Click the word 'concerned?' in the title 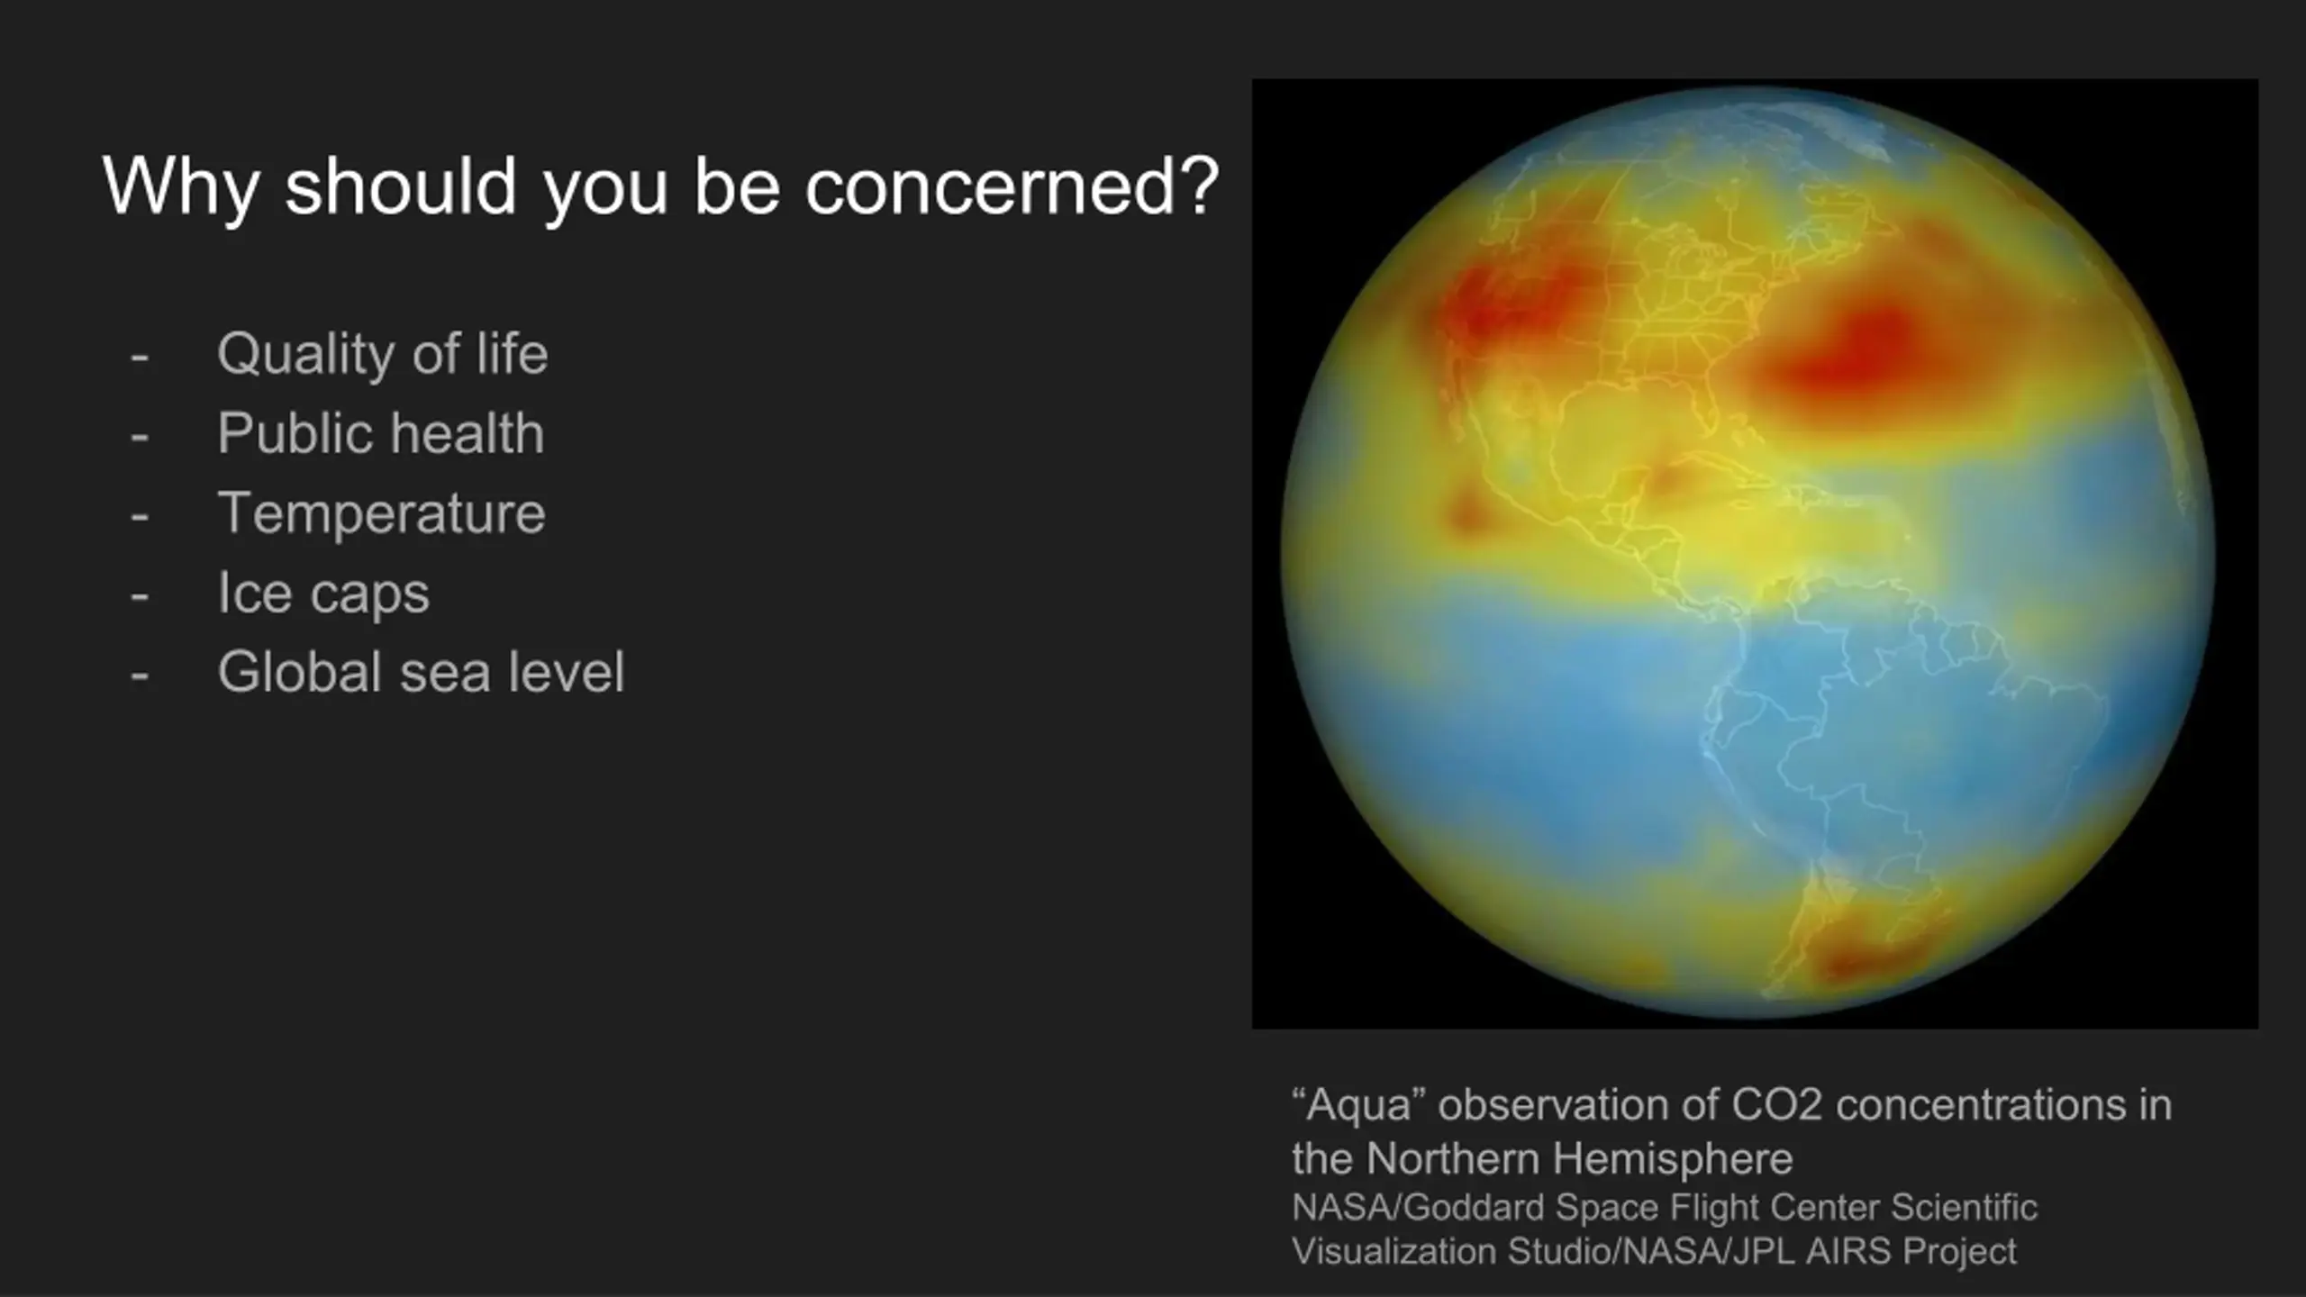tap(1012, 187)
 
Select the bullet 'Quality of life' tap(382, 354)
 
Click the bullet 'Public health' tap(381, 433)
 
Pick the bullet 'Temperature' tap(382, 514)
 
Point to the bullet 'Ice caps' tap(323, 594)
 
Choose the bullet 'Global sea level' tap(421, 672)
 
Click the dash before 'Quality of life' tap(140, 358)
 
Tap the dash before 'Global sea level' tap(140, 676)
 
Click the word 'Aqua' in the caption tap(1359, 1106)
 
